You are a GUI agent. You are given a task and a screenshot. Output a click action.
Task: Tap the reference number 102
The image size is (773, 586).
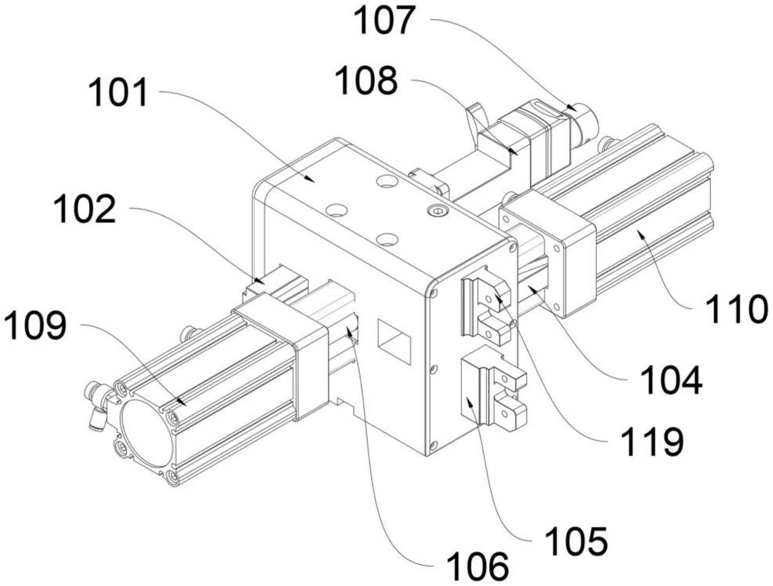click(x=84, y=209)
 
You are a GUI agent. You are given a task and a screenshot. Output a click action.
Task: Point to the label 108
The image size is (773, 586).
click(x=366, y=81)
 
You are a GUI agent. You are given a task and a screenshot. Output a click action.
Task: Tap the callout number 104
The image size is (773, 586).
click(x=671, y=380)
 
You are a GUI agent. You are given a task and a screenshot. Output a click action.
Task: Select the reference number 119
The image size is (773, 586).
click(x=652, y=441)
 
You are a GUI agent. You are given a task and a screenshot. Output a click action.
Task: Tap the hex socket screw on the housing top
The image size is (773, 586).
click(x=436, y=211)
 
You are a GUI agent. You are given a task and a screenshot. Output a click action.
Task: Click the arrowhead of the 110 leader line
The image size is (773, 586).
click(x=641, y=235)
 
